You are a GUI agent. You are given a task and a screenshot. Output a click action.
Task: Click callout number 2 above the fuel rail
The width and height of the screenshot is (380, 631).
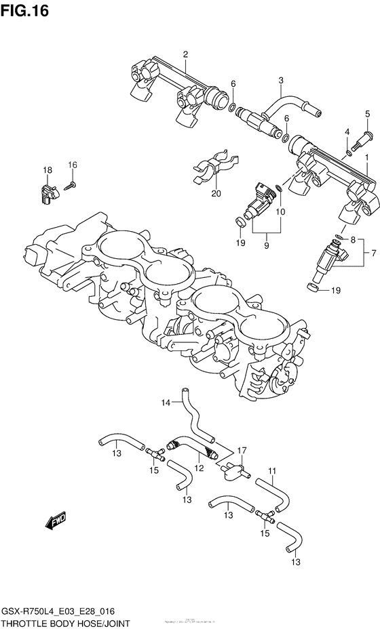[x=185, y=54]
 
